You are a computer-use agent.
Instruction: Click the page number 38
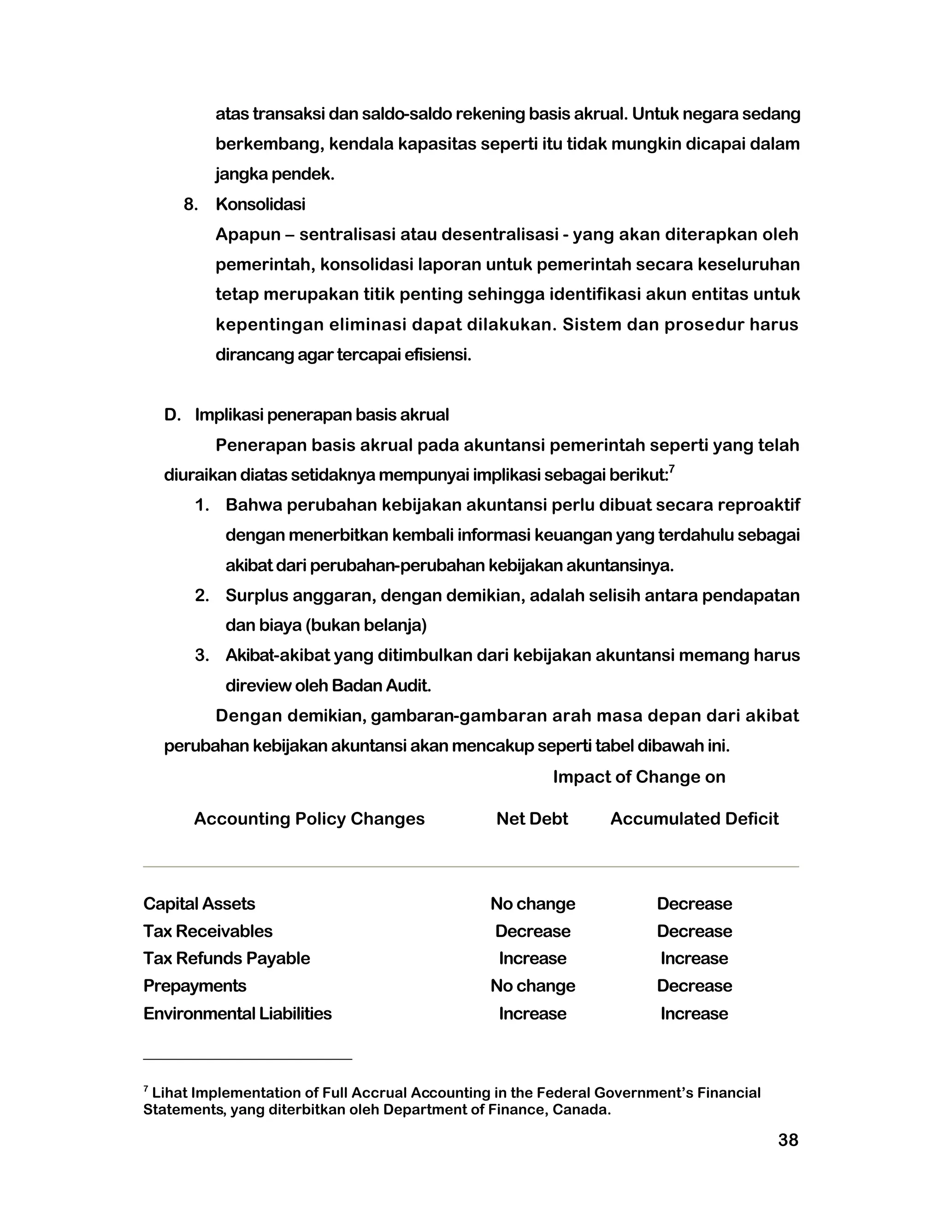787,1139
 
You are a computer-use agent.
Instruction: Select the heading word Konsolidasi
260,204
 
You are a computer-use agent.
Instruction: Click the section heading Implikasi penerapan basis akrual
321,415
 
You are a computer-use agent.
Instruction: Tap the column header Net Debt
531,819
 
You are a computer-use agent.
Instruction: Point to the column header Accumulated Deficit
694,819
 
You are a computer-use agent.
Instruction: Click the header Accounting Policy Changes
309,819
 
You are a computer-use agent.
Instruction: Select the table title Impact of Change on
638,777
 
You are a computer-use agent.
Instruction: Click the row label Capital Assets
199,904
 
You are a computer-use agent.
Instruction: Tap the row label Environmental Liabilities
237,1014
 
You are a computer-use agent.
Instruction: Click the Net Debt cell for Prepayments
532,985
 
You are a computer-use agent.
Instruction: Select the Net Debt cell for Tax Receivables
532,931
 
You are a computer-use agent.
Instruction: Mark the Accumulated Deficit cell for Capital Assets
694,904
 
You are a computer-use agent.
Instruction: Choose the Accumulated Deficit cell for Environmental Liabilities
694,1014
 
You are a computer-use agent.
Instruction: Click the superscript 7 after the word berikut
672,469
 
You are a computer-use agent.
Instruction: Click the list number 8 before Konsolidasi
190,205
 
